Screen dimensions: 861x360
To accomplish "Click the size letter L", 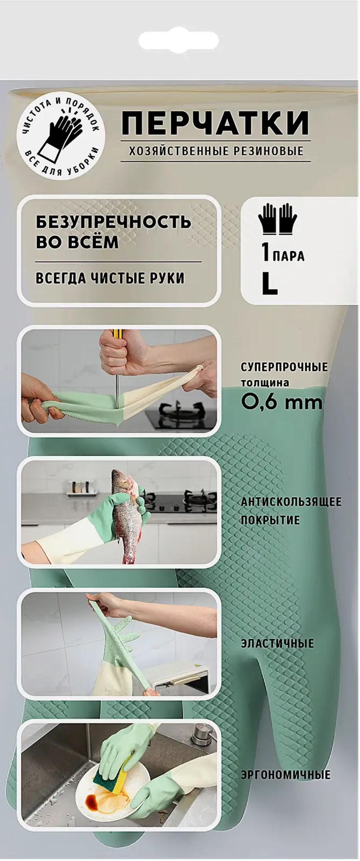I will [x=269, y=285].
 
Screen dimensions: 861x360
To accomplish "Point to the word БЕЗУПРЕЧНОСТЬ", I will [x=113, y=222].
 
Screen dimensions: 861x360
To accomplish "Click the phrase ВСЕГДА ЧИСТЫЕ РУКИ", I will [x=110, y=278].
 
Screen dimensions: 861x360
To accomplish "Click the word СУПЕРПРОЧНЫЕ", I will [x=284, y=367].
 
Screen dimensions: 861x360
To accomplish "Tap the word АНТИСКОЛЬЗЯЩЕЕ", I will [x=291, y=502].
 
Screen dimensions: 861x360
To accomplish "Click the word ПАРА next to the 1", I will [x=288, y=256].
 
